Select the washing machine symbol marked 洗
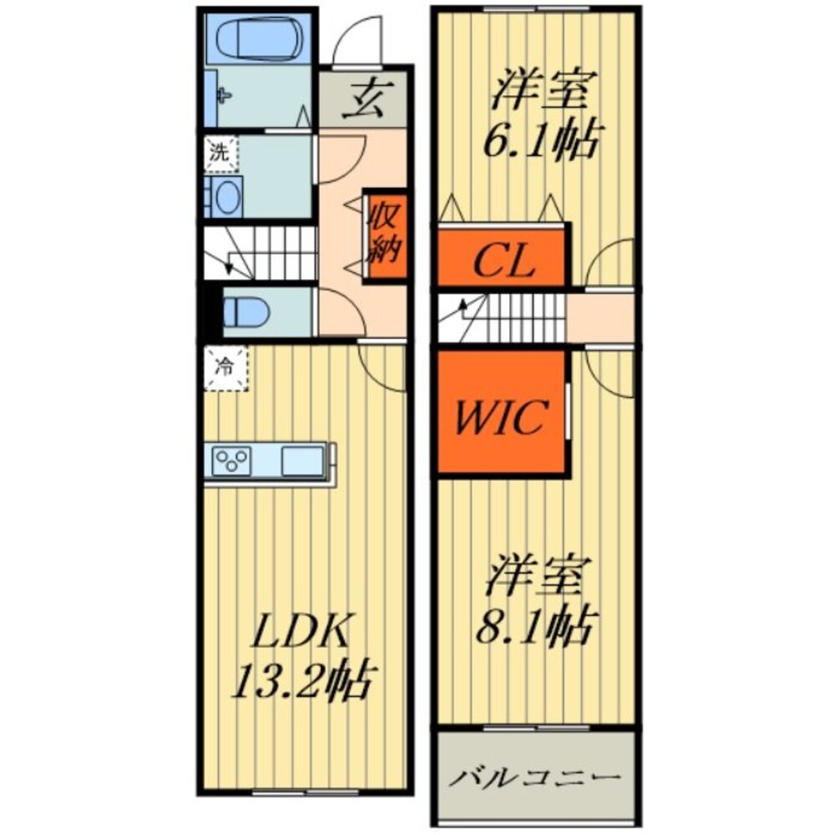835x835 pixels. (x=218, y=154)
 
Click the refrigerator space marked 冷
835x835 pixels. (x=225, y=368)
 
